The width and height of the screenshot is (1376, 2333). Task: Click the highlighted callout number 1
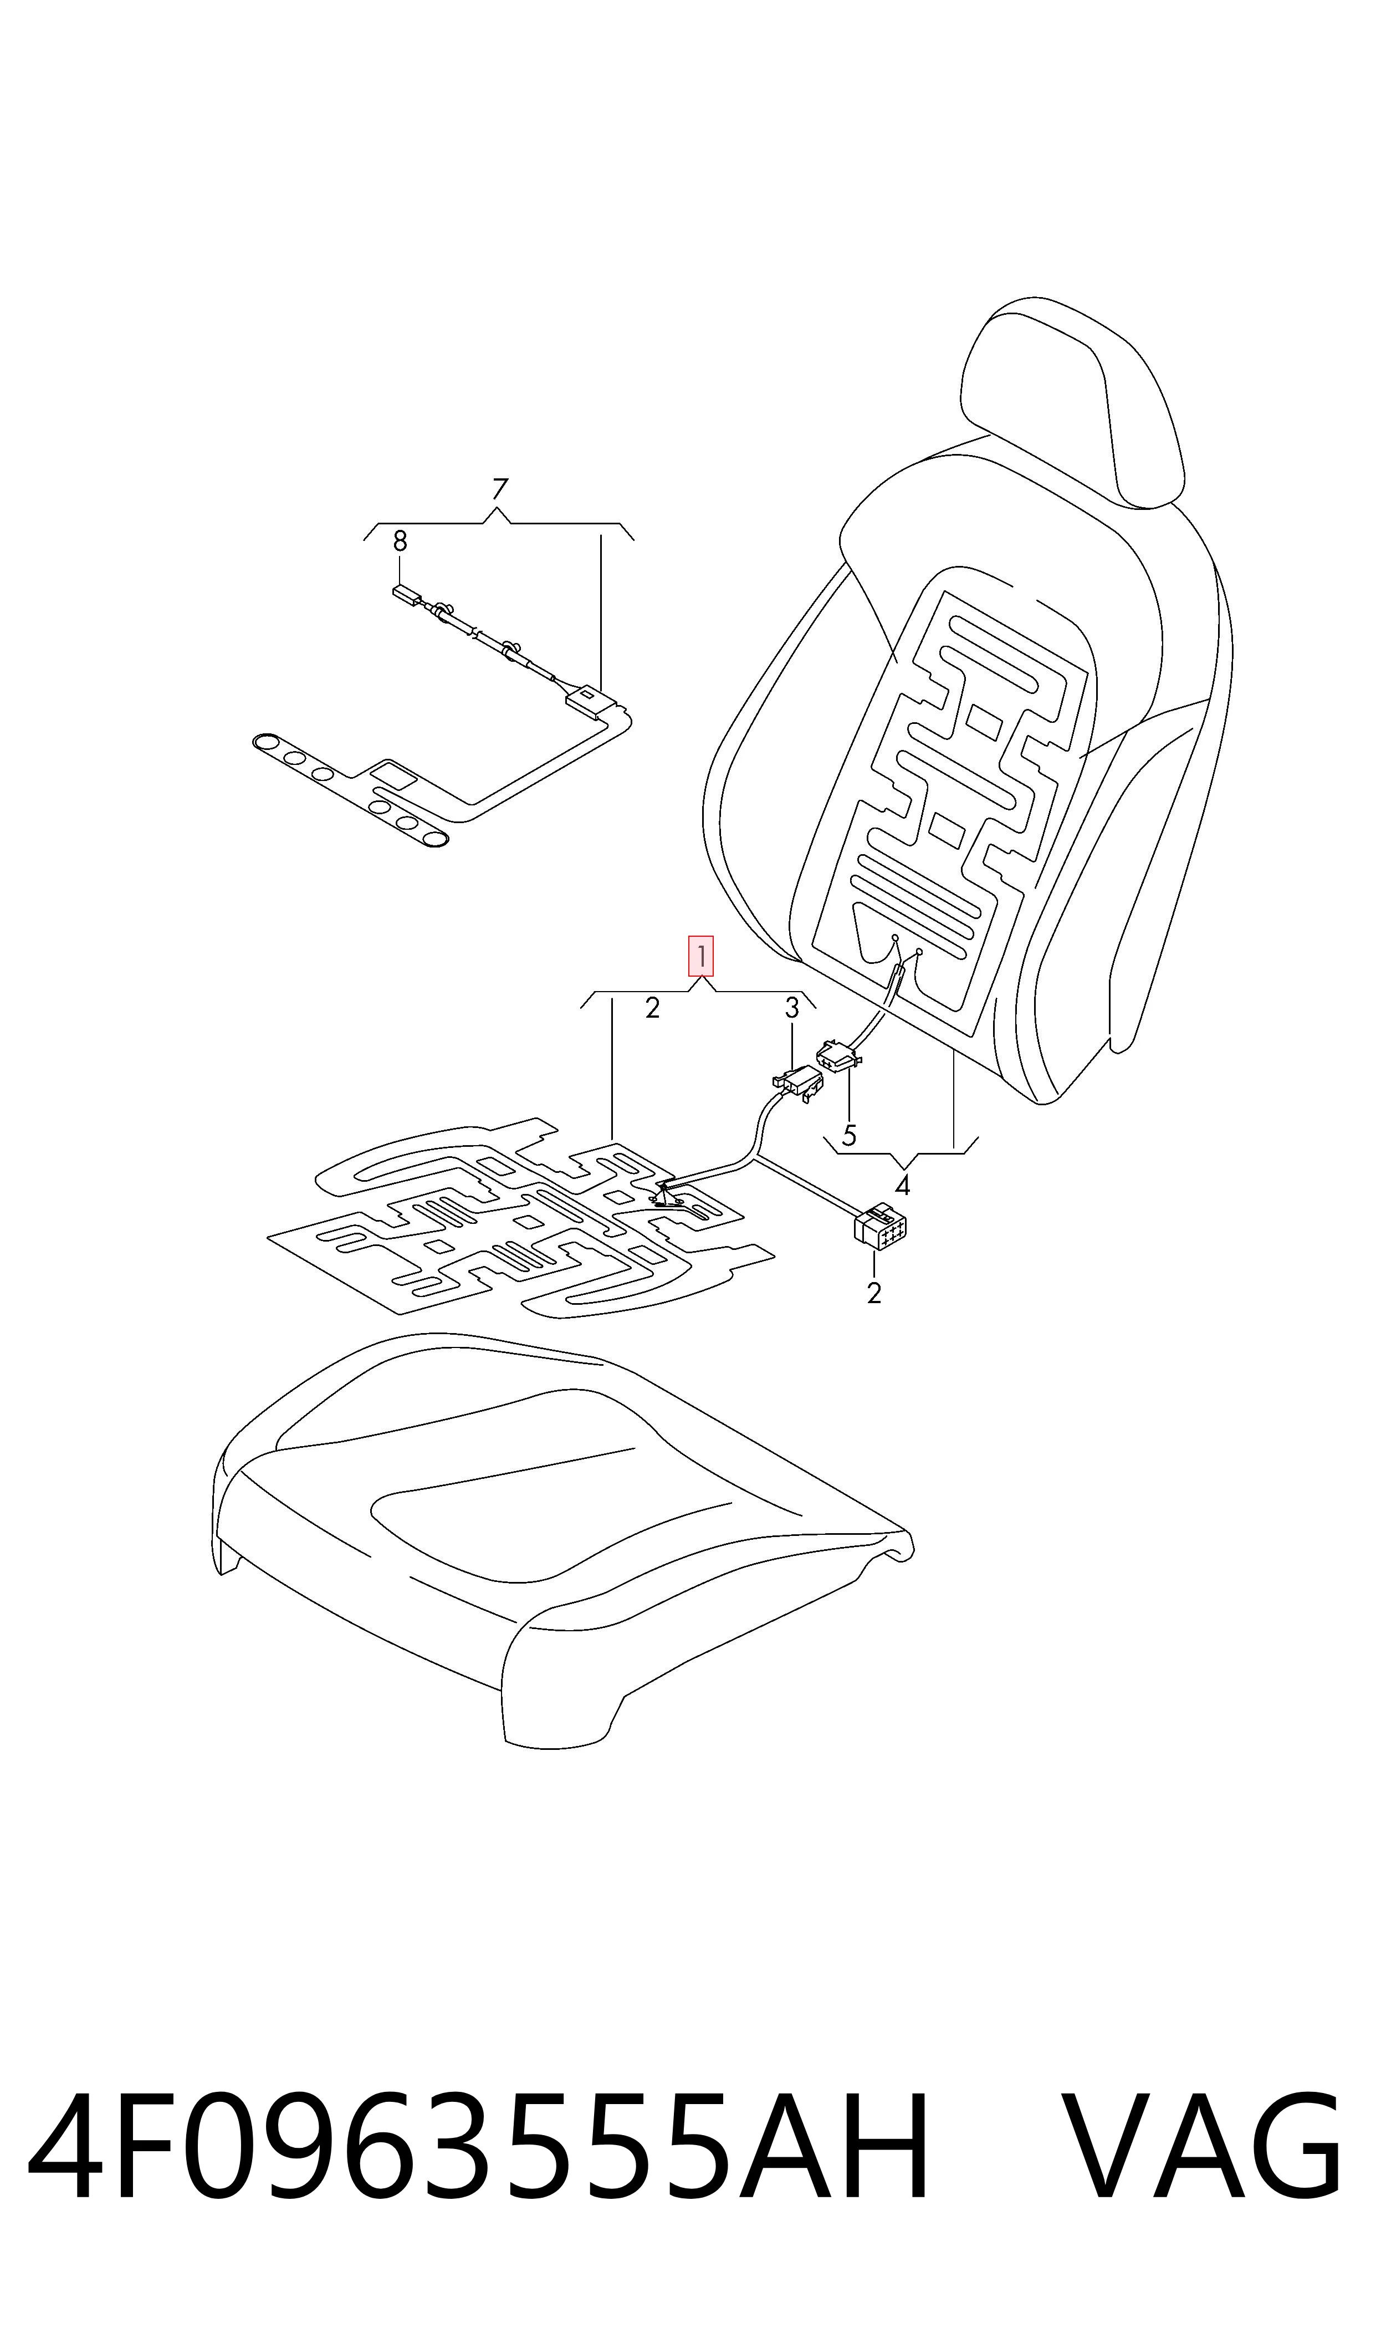coord(700,956)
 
